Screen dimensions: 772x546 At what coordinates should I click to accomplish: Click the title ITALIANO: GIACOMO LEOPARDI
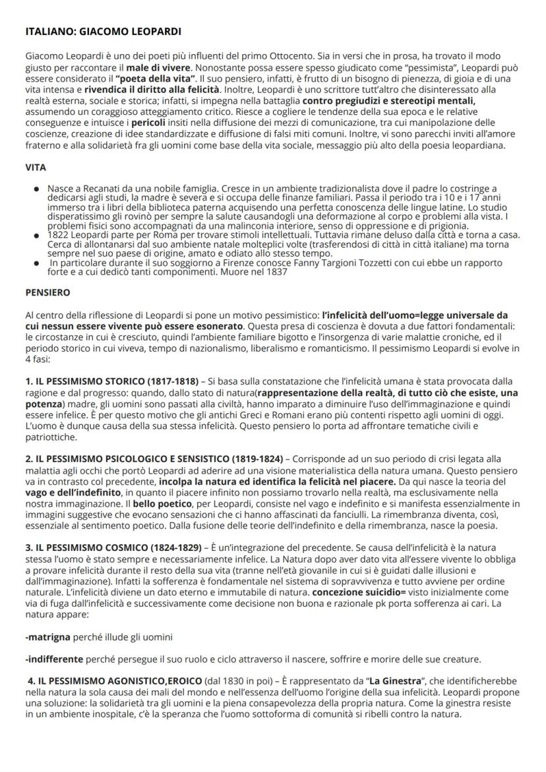pyautogui.click(x=102, y=31)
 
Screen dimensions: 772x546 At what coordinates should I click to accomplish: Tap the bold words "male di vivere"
pyautogui.click(x=159, y=68)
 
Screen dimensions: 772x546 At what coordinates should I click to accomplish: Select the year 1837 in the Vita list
pyautogui.click(x=276, y=273)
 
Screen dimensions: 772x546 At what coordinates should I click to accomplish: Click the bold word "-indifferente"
pyautogui.click(x=54, y=659)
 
